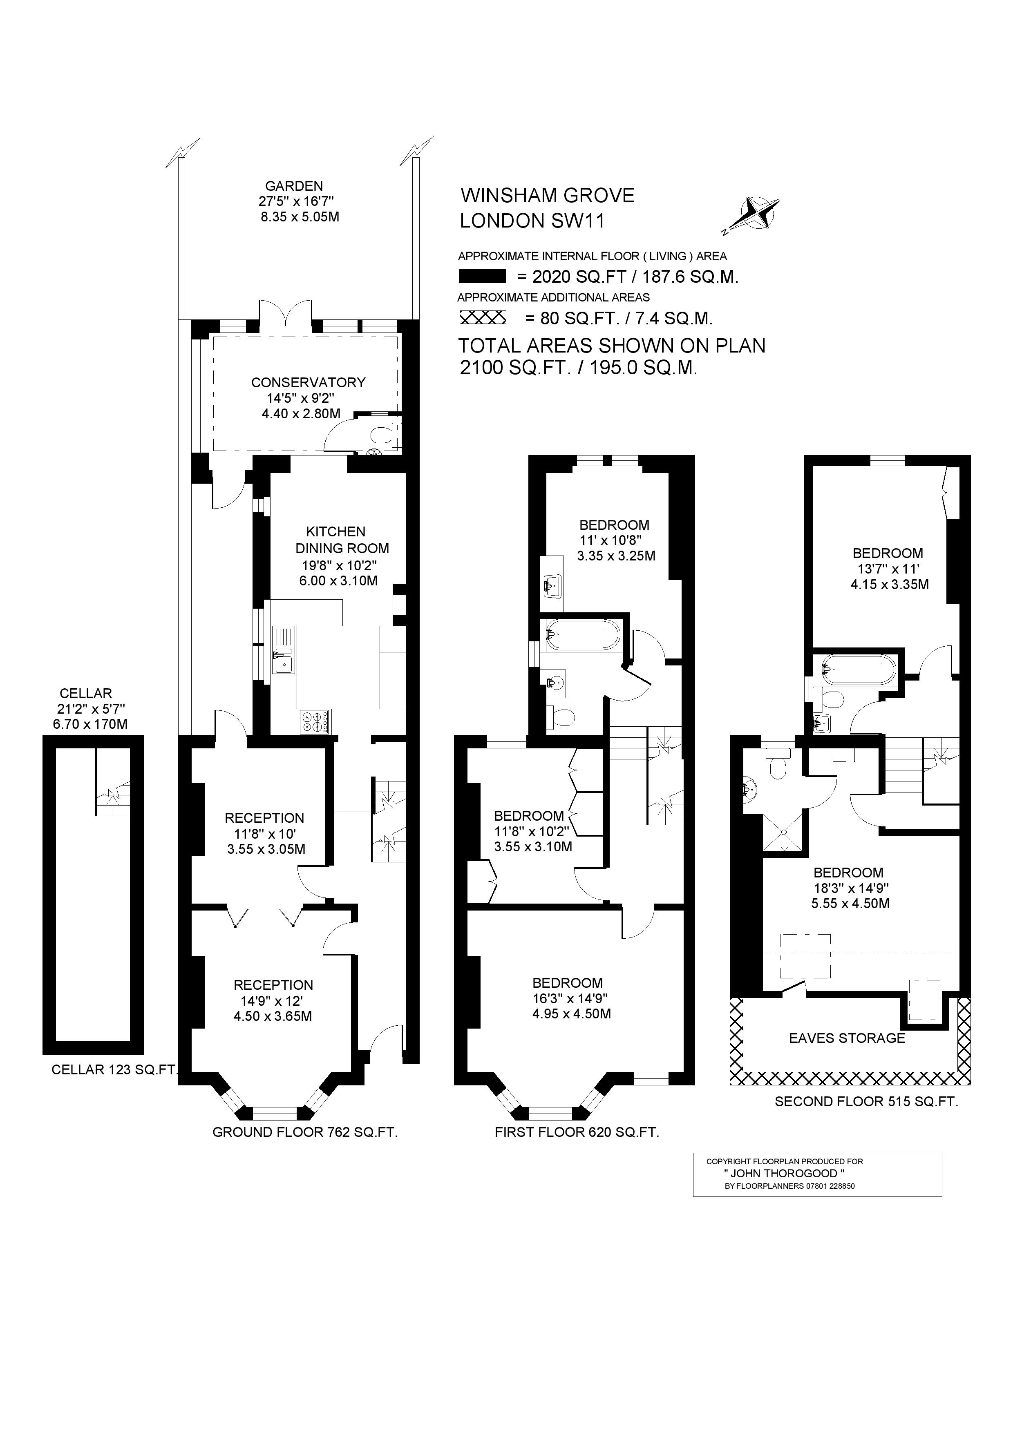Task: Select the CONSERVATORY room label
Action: pos(309,383)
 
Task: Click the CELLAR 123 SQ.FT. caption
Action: pos(115,1070)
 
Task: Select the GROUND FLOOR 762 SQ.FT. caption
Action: pos(305,1132)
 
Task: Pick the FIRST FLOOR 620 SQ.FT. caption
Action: pos(577,1132)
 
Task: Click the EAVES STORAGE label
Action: pos(847,1038)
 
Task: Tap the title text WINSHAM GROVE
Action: pos(548,196)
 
